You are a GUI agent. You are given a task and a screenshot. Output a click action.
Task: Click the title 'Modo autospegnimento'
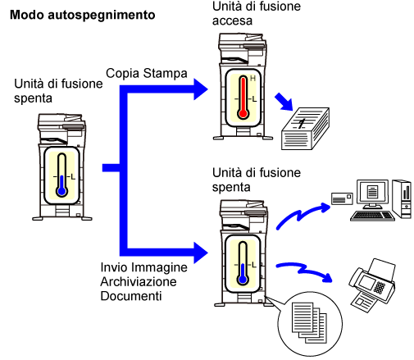click(83, 16)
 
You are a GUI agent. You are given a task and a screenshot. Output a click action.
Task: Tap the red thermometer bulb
click(243, 113)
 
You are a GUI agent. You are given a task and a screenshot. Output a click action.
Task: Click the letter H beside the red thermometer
click(252, 79)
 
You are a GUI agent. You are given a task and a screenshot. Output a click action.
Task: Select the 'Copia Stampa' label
click(147, 73)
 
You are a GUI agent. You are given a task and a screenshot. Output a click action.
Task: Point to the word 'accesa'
click(232, 21)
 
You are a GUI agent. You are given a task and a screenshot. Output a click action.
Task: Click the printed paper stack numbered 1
click(305, 129)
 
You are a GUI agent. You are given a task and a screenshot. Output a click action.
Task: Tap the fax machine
click(372, 285)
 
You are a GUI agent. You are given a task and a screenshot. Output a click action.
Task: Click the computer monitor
click(372, 194)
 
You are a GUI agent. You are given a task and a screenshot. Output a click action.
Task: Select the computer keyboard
click(372, 216)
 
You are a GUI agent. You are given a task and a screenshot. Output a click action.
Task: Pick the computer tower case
click(402, 198)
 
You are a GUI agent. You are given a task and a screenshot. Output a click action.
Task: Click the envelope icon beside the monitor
click(342, 198)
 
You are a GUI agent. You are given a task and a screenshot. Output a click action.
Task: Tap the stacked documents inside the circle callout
click(309, 322)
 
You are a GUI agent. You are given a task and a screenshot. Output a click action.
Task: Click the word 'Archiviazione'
click(139, 282)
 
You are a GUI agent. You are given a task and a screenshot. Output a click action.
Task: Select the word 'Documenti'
click(131, 296)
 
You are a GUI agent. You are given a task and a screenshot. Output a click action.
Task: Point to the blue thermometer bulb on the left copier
click(62, 191)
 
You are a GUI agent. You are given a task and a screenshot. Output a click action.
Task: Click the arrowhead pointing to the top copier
click(201, 89)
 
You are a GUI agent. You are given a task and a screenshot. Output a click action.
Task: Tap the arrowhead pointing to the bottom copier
click(201, 253)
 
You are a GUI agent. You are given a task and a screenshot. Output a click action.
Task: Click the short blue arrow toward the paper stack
click(284, 102)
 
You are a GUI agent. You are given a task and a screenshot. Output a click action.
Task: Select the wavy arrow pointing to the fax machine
click(304, 271)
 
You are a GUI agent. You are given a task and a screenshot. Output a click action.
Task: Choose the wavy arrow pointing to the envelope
click(303, 215)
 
